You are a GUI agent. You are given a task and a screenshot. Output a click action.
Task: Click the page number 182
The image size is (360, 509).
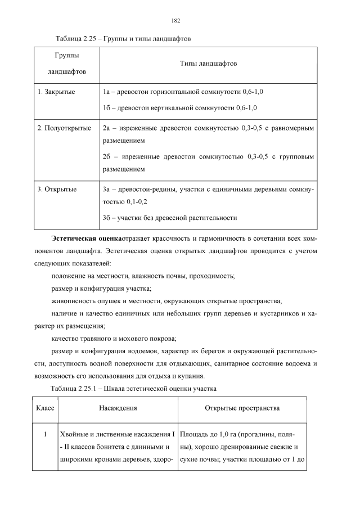tap(175, 20)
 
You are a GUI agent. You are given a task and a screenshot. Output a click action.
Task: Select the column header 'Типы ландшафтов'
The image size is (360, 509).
tap(208, 64)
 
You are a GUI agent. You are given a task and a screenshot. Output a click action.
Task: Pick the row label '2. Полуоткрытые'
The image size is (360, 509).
tap(64, 128)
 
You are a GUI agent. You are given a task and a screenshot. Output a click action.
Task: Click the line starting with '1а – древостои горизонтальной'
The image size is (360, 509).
tap(183, 91)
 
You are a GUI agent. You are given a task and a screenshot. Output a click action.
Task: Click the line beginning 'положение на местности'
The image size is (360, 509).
tap(143, 276)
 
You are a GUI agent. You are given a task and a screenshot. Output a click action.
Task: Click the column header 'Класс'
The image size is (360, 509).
tap(45, 408)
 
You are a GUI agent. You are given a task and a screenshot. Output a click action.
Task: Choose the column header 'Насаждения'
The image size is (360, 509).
tap(118, 408)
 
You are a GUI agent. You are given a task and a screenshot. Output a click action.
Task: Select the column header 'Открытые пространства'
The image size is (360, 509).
tap(242, 408)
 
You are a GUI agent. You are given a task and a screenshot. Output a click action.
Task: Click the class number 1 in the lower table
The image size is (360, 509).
tap(45, 435)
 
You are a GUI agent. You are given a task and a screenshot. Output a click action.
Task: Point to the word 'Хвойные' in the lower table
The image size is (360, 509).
tap(74, 435)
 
